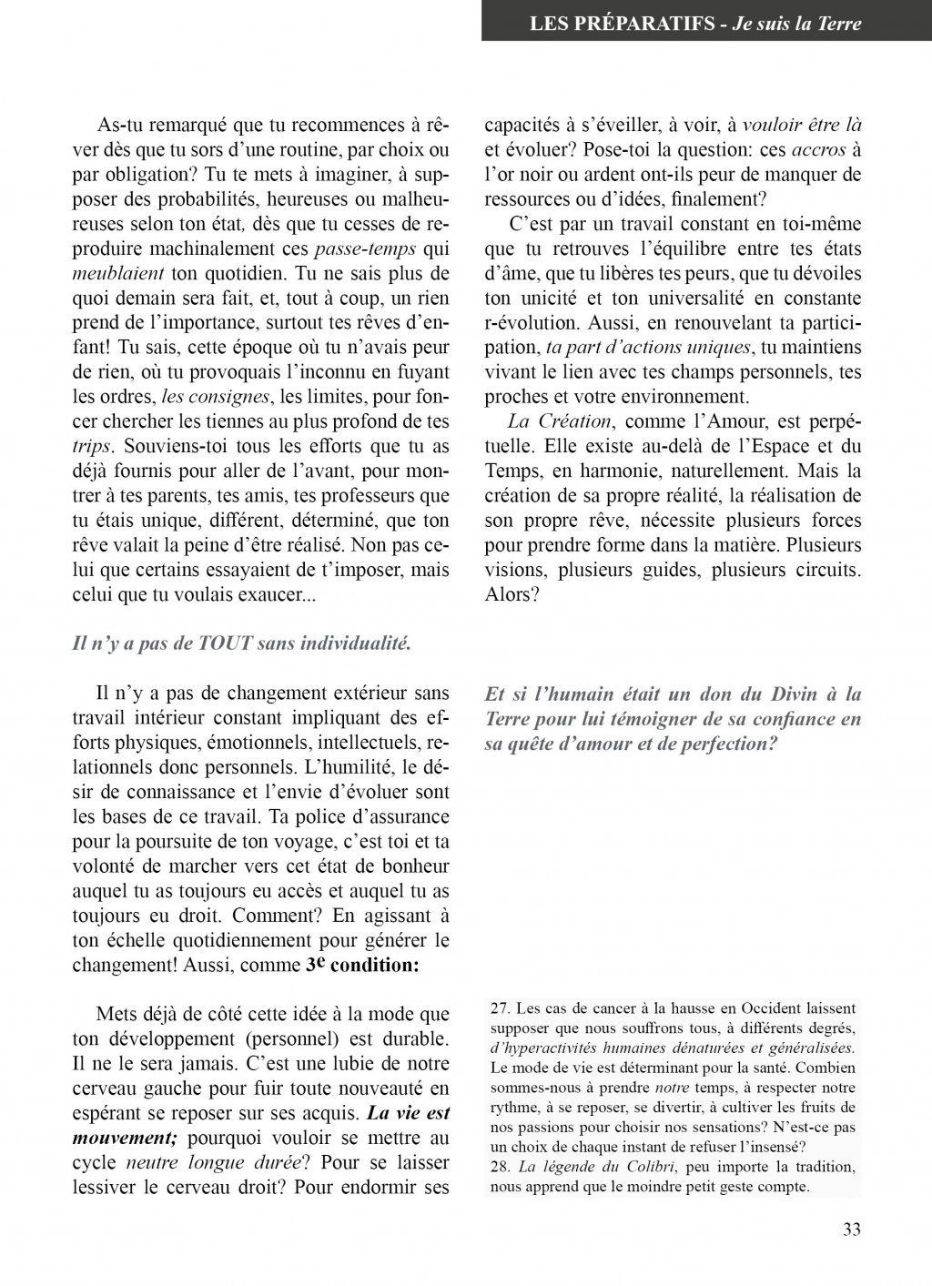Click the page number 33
coord(852,1230)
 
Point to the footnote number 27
coord(501,1008)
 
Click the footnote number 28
coord(501,1167)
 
